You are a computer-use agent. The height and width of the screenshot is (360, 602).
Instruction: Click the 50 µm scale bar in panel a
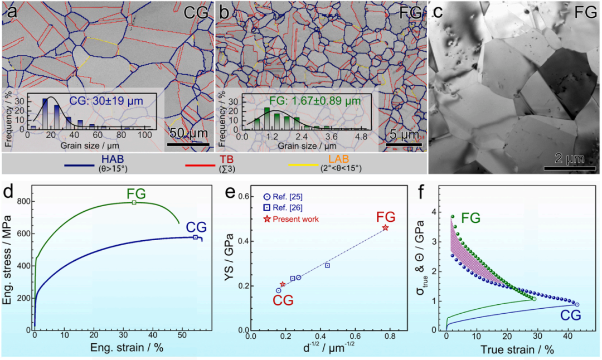coord(187,147)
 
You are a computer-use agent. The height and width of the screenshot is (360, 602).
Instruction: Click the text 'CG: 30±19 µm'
coord(106,101)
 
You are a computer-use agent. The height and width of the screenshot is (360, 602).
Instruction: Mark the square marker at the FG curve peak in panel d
coord(134,202)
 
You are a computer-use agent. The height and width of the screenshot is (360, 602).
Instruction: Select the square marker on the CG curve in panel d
coord(195,237)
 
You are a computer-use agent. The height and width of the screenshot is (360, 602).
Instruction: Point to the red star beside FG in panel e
coord(385,228)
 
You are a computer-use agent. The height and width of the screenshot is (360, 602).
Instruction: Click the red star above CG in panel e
coord(283,284)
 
